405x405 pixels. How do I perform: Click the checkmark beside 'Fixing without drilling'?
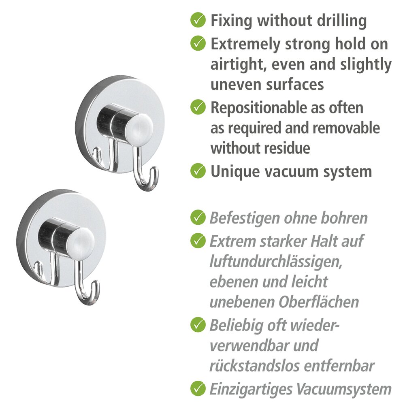pos(198,20)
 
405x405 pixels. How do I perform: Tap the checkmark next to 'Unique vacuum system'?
pos(198,171)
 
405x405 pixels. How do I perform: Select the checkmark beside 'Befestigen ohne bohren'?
pos(198,217)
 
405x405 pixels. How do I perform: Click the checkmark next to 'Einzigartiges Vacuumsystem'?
pos(198,388)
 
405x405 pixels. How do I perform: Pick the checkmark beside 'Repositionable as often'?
pos(198,107)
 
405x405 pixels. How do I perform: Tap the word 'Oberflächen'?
pos(319,302)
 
